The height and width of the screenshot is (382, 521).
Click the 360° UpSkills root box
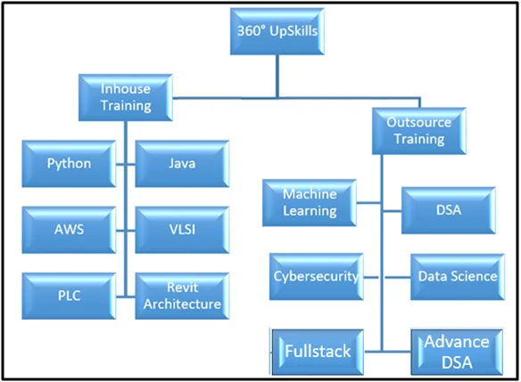click(x=277, y=31)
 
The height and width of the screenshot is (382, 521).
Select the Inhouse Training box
click(x=126, y=97)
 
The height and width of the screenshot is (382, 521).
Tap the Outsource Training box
click(x=419, y=131)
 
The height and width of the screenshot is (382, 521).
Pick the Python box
click(x=69, y=164)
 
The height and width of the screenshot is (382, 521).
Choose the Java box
click(x=182, y=164)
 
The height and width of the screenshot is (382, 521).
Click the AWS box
click(x=69, y=230)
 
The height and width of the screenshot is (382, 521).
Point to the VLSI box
click(x=182, y=230)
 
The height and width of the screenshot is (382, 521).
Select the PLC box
click(x=69, y=296)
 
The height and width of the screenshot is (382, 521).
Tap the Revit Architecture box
click(x=182, y=296)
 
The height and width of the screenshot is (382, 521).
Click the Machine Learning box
click(x=310, y=203)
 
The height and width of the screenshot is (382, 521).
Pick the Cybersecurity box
click(x=317, y=277)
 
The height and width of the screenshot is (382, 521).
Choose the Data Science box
click(x=458, y=277)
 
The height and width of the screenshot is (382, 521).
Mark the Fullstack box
click(x=318, y=352)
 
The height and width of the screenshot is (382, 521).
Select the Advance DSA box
click(x=457, y=352)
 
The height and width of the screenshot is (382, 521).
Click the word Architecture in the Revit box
click(x=182, y=304)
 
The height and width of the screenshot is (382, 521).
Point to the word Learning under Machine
click(x=310, y=211)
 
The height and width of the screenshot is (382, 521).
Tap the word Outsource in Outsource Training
click(x=419, y=122)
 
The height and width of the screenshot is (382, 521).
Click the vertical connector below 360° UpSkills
click(x=277, y=77)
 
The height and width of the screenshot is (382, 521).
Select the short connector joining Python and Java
click(x=126, y=164)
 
